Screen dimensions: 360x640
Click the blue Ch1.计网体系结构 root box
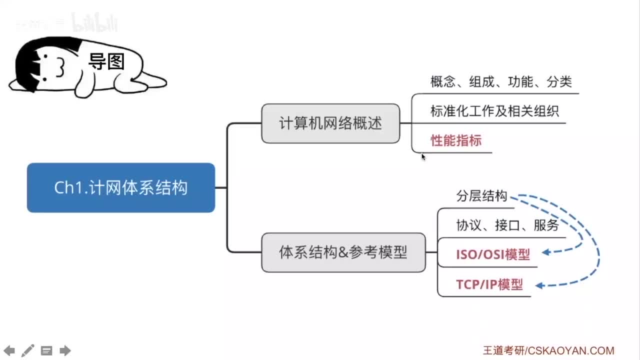(x=121, y=187)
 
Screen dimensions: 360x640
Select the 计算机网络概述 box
(x=330, y=123)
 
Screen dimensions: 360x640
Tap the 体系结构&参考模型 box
(x=343, y=252)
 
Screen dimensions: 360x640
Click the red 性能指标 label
(x=456, y=140)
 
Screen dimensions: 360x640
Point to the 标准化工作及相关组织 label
(x=494, y=111)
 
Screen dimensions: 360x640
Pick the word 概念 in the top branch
(x=443, y=81)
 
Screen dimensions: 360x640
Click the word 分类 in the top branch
(x=559, y=81)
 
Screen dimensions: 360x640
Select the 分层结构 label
(x=481, y=196)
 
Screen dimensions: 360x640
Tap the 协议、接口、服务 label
(x=507, y=225)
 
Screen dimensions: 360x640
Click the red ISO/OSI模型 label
(x=492, y=254)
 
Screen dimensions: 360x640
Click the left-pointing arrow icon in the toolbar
(x=9, y=350)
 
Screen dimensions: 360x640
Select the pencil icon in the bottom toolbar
(x=28, y=350)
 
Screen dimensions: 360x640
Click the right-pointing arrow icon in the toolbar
(x=65, y=350)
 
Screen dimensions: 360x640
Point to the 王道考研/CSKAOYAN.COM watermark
(x=548, y=350)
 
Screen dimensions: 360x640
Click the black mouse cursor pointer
(x=423, y=156)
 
